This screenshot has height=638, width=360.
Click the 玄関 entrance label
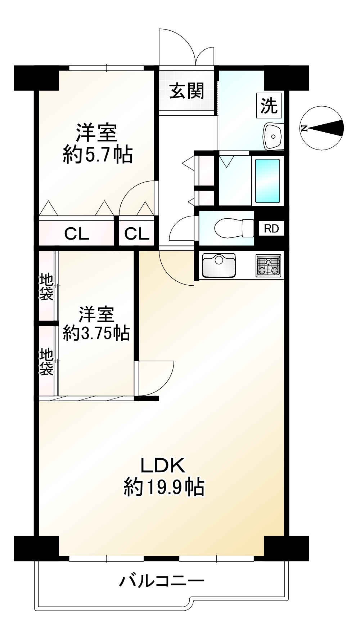tap(187, 91)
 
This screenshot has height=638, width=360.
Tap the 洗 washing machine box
tap(269, 106)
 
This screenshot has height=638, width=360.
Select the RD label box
tap(271, 228)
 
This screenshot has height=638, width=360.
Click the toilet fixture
tap(234, 228)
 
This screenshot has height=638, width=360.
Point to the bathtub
tap(267, 180)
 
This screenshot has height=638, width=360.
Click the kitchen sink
tap(219, 266)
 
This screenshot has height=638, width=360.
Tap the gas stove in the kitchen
tap(268, 266)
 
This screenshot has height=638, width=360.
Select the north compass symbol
tap(322, 128)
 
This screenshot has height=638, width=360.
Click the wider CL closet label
tap(77, 234)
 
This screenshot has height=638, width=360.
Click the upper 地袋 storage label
tap(47, 287)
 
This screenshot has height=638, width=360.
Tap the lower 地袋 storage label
tap(47, 361)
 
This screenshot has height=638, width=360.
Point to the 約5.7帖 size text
tap(98, 155)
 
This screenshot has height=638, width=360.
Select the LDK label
tap(163, 465)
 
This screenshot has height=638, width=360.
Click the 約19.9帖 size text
tap(164, 487)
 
